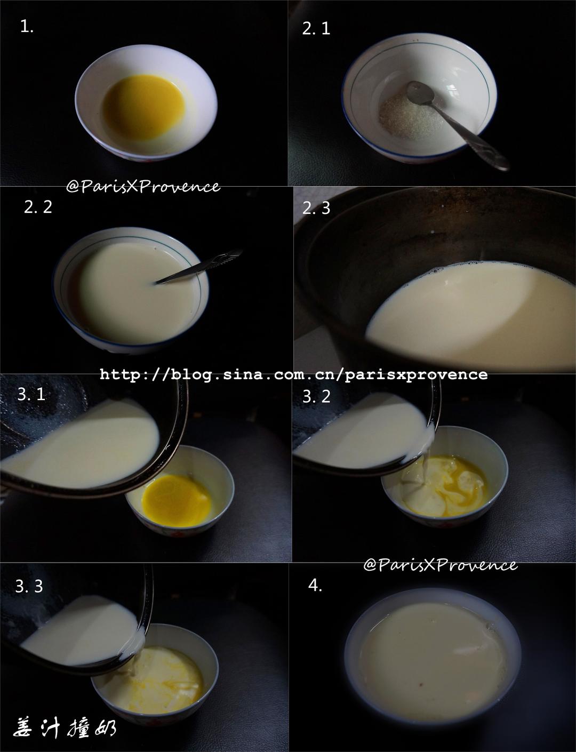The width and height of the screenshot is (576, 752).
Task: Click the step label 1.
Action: coord(27,26)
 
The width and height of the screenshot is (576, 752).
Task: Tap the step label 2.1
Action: coord(316,28)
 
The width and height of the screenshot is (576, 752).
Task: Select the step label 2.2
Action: coord(38,207)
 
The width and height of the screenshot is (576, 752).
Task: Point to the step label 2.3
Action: coord(316,208)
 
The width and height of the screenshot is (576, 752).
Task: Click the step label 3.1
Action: coord(31,394)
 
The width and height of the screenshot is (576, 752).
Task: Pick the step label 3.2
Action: coord(316,396)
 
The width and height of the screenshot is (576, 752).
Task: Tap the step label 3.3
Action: coord(29,586)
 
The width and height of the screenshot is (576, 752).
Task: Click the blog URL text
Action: coord(294,374)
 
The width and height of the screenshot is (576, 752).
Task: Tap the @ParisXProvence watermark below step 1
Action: coord(143,187)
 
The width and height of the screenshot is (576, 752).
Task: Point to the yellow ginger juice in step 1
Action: coord(143,107)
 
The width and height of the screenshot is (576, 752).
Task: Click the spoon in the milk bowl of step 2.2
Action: coord(198,267)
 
